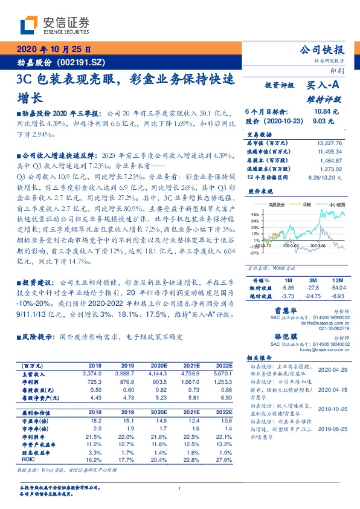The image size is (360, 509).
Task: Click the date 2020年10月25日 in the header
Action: pyautogui.click(x=53, y=50)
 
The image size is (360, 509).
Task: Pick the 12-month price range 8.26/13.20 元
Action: pyautogui.click(x=327, y=177)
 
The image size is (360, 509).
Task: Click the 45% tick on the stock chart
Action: pyautogui.click(x=254, y=214)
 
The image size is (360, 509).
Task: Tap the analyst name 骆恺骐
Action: pyautogui.click(x=281, y=336)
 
